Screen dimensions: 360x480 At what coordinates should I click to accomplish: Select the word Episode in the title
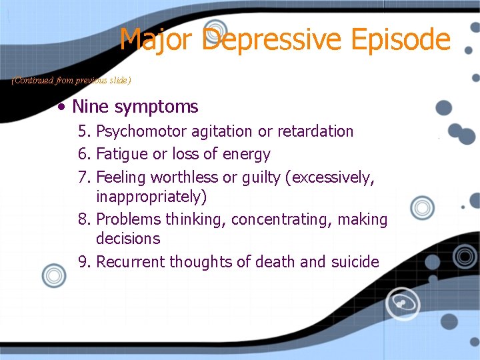pyautogui.click(x=401, y=39)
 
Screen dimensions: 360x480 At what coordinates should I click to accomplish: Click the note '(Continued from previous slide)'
pyautogui.click(x=71, y=81)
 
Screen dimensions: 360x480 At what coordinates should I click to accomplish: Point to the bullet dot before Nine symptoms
pyautogui.click(x=61, y=107)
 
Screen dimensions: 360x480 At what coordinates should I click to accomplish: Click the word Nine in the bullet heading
pyautogui.click(x=91, y=107)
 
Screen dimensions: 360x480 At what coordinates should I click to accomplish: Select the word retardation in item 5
pyautogui.click(x=315, y=131)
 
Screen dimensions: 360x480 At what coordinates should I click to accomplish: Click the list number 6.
pyautogui.click(x=83, y=155)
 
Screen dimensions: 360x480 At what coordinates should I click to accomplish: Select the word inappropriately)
pyautogui.click(x=151, y=197)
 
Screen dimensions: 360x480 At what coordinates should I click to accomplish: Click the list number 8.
pyautogui.click(x=83, y=220)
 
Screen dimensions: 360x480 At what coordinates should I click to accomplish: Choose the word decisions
pyautogui.click(x=128, y=239)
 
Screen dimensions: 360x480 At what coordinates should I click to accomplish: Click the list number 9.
pyautogui.click(x=83, y=262)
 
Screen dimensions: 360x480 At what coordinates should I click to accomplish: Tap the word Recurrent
pyautogui.click(x=131, y=262)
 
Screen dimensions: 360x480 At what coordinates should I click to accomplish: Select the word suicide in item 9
pyautogui.click(x=355, y=262)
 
